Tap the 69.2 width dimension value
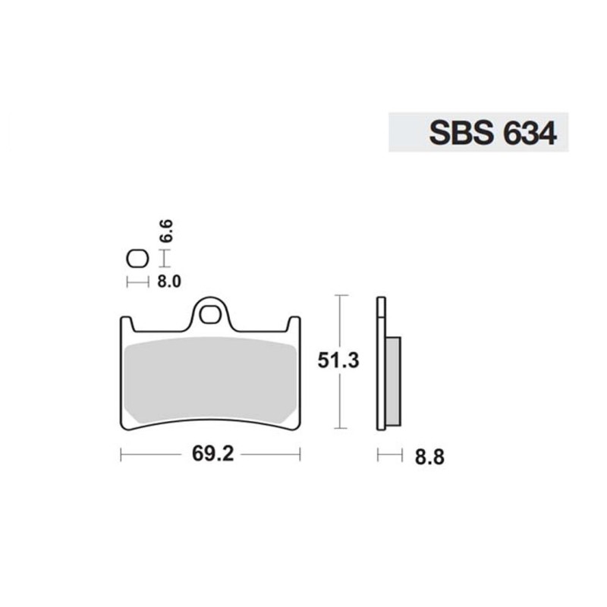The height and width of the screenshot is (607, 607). (212, 456)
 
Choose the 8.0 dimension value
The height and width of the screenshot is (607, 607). (169, 281)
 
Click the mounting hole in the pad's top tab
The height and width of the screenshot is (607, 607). (211, 313)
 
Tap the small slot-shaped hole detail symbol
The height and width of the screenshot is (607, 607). (137, 259)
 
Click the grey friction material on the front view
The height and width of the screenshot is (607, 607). (210, 379)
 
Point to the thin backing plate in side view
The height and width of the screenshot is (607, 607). (381, 364)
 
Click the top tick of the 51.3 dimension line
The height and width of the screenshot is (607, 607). (341, 295)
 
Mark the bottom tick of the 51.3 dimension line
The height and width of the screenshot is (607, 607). (341, 429)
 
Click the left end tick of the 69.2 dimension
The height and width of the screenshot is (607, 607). (121, 455)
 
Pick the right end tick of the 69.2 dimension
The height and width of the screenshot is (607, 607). (300, 455)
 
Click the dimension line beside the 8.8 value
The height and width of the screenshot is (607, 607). (389, 455)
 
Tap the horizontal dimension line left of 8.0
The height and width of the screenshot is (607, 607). (137, 282)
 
